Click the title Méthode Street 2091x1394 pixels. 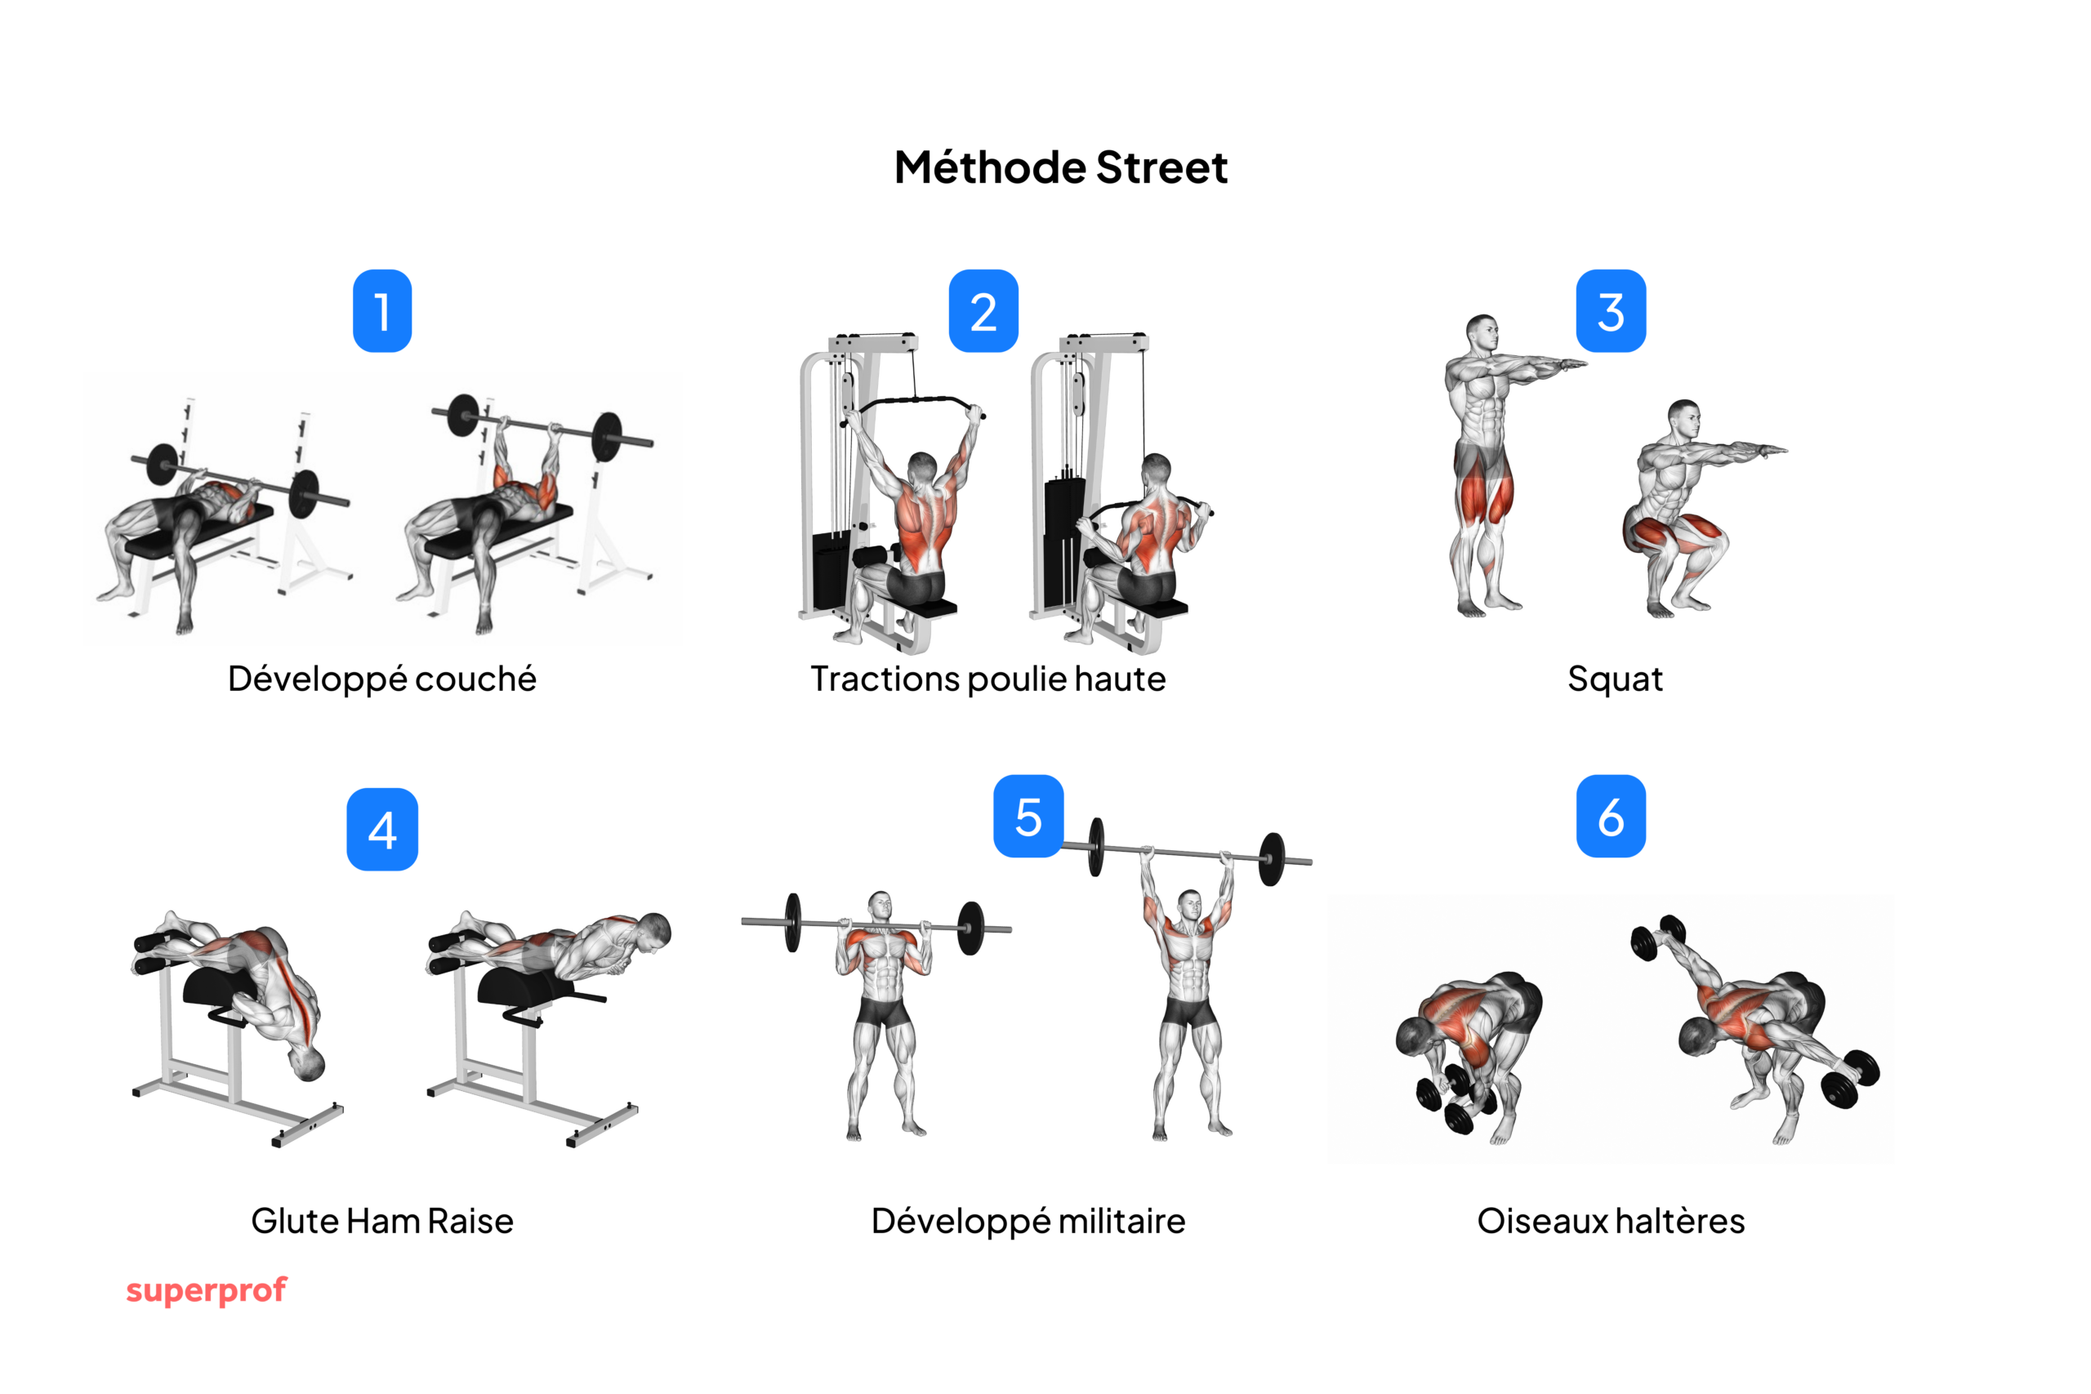[1061, 167]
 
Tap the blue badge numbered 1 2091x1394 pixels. [382, 311]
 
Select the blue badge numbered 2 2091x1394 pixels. [983, 311]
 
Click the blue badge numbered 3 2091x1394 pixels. [1610, 311]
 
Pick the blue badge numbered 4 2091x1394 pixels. [382, 830]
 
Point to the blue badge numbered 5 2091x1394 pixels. [1028, 816]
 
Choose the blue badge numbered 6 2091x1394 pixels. [1610, 816]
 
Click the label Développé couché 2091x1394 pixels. [382, 679]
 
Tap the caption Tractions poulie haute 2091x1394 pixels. [988, 679]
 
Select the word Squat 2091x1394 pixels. [1615, 679]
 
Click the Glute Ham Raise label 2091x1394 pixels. [382, 1221]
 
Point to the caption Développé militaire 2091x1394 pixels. [1028, 1221]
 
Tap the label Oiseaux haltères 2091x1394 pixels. [1610, 1221]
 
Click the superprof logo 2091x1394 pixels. [207, 1290]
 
